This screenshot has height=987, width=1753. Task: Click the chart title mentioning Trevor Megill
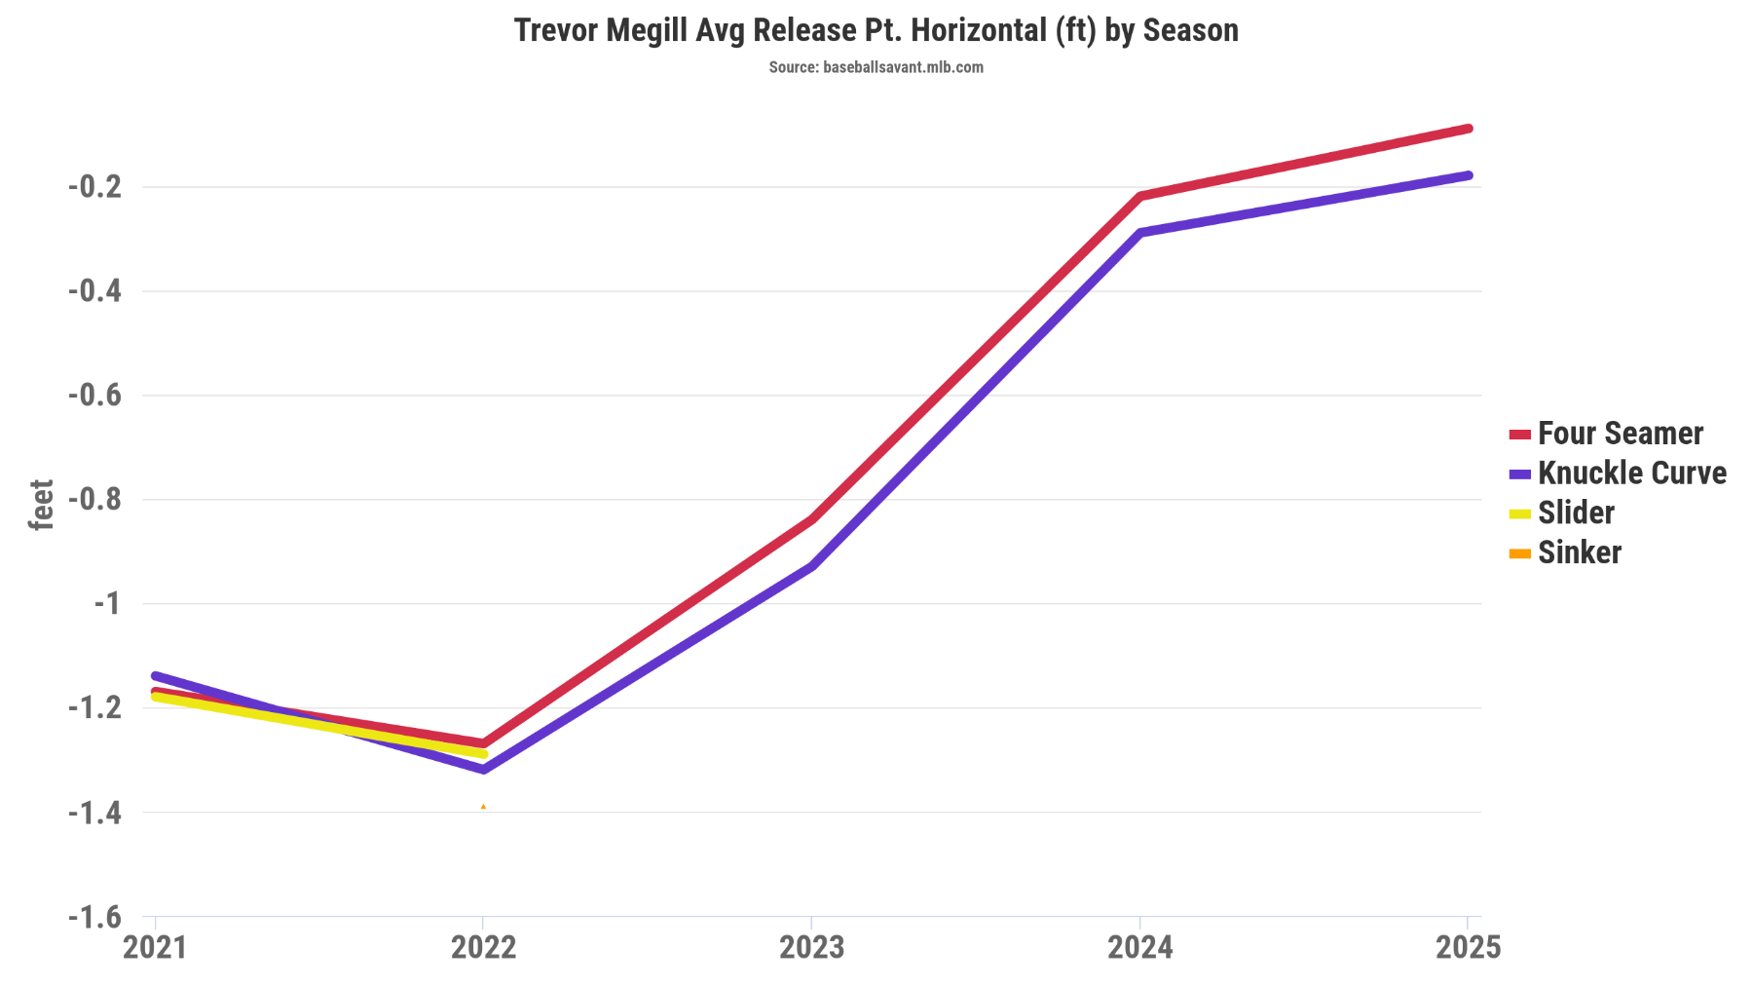coord(876,30)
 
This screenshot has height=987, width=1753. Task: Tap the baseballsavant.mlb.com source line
coord(876,67)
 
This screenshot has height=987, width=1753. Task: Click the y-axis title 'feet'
coord(41,505)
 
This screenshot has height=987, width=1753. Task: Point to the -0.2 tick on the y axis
coord(94,186)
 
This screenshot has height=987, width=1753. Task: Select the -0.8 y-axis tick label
coord(94,500)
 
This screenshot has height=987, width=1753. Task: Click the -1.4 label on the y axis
coord(94,813)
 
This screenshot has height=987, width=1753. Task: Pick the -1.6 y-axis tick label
coord(94,917)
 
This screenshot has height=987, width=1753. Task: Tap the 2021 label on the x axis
coord(155,947)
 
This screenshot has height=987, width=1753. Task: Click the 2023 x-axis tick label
coord(811,947)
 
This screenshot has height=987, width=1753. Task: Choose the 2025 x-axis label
coord(1468,947)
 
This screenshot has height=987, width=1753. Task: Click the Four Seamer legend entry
coord(1620,434)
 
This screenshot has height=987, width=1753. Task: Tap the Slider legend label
coord(1575,512)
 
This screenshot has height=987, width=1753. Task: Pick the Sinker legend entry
coord(1579,552)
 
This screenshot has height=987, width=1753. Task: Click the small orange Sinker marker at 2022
coord(483,807)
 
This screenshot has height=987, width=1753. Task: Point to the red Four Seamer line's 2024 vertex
coord(1140,196)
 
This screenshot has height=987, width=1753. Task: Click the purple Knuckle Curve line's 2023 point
coord(811,566)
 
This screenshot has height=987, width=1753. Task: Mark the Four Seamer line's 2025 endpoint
coord(1468,129)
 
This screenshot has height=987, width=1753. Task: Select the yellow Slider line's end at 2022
coord(483,754)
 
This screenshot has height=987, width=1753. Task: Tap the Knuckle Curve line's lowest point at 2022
coord(483,770)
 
